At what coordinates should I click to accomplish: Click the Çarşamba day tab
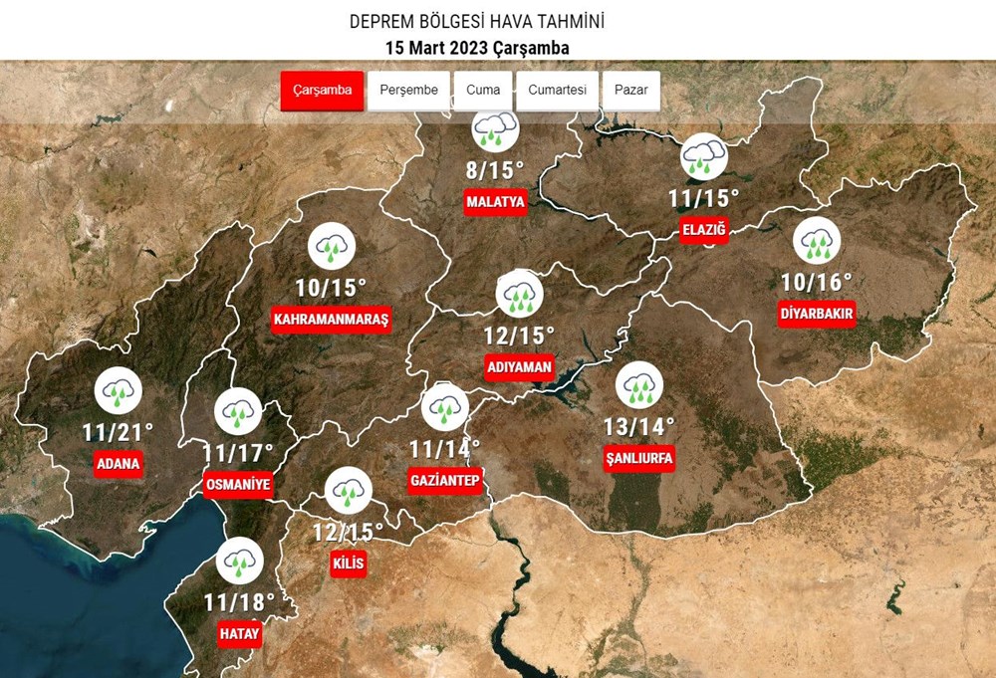click(x=322, y=91)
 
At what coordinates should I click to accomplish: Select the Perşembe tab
click(x=408, y=91)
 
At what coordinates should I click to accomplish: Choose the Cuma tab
click(x=483, y=91)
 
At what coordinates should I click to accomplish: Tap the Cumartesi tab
click(x=557, y=91)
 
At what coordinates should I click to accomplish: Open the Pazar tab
click(x=630, y=91)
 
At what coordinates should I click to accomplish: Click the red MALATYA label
click(x=495, y=202)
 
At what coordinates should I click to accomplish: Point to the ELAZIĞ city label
click(x=704, y=231)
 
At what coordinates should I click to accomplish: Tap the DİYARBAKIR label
click(x=818, y=315)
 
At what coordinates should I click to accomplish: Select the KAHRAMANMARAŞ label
click(x=331, y=320)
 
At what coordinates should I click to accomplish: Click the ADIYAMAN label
click(x=519, y=366)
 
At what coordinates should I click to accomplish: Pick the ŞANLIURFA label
click(x=639, y=458)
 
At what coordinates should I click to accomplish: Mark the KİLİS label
click(x=349, y=564)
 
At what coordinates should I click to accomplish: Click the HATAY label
click(x=239, y=633)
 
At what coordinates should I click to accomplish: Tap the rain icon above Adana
click(x=119, y=392)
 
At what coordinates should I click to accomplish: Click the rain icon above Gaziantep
click(x=445, y=407)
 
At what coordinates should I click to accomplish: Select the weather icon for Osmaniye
click(x=238, y=411)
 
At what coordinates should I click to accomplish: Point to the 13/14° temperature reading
click(x=639, y=426)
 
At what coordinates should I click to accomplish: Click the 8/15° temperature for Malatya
click(x=495, y=168)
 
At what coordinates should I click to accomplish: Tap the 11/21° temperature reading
click(x=119, y=432)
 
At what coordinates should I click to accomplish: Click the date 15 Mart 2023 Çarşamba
click(x=477, y=48)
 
